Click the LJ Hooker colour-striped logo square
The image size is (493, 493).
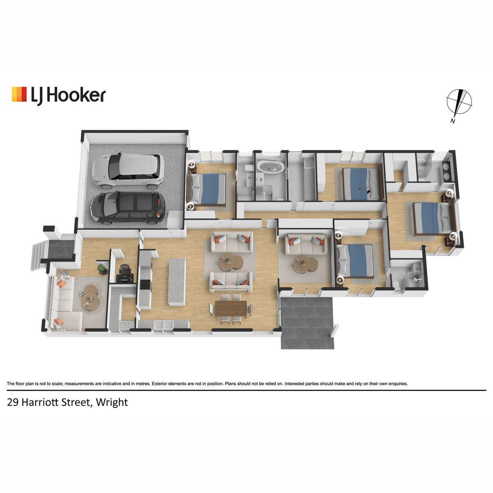tap(19, 94)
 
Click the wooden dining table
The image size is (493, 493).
tap(230, 309)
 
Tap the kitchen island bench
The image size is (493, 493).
tap(177, 282)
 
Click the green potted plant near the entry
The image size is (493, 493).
tap(102, 270)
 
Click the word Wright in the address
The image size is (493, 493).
tap(112, 403)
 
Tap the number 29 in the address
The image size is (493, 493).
tap(13, 403)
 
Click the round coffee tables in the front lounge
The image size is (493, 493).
tap(90, 297)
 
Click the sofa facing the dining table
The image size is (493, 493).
tap(231, 282)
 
